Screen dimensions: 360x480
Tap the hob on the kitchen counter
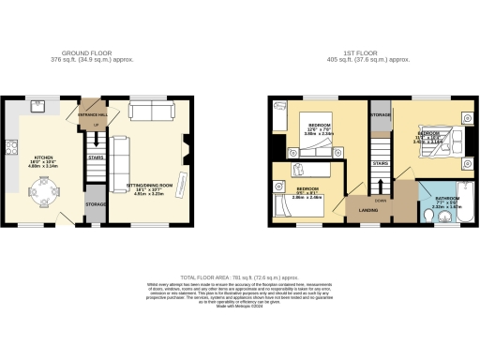point(11,147)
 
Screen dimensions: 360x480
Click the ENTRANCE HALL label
point(94,113)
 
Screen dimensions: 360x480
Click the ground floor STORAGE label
point(96,203)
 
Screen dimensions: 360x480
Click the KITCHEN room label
point(43,157)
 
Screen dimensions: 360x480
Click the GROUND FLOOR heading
point(90,53)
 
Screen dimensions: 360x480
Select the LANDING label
point(360,210)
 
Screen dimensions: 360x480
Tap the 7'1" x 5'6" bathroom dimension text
point(446,203)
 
